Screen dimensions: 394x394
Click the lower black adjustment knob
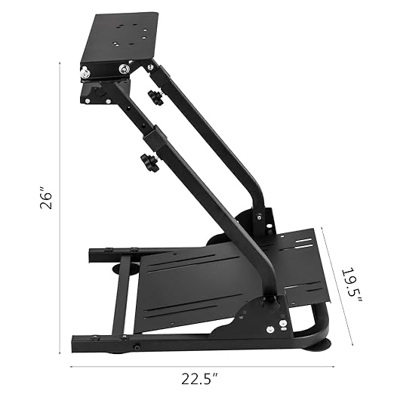click(x=149, y=162)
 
